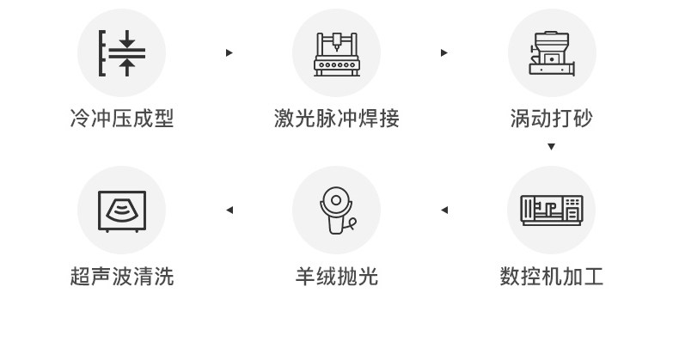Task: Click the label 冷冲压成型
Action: pyautogui.click(x=121, y=119)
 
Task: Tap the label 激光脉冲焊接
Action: pyautogui.click(x=336, y=119)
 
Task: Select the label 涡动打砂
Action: pyautogui.click(x=551, y=119)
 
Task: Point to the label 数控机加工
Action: pyautogui.click(x=551, y=277)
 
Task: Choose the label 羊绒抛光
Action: pyautogui.click(x=336, y=277)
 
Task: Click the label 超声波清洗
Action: pyautogui.click(x=121, y=277)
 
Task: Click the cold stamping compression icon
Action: pyautogui.click(x=121, y=52)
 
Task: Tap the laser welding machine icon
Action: pyautogui.click(x=336, y=52)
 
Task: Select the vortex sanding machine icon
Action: pyautogui.click(x=551, y=52)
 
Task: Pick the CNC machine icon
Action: pyautogui.click(x=551, y=210)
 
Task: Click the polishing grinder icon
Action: pyautogui.click(x=336, y=210)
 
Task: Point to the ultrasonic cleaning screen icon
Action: pyautogui.click(x=121, y=210)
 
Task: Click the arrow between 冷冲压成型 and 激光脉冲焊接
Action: pyautogui.click(x=229, y=53)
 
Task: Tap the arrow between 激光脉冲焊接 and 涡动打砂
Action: pyautogui.click(x=444, y=53)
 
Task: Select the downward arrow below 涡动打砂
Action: pyautogui.click(x=551, y=147)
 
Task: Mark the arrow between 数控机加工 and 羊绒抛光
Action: pyautogui.click(x=444, y=210)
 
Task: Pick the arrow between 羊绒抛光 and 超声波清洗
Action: pyautogui.click(x=229, y=210)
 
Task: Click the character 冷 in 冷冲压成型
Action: pyautogui.click(x=80, y=119)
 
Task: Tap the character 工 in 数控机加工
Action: pyautogui.click(x=593, y=277)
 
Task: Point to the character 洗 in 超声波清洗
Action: pyautogui.click(x=163, y=277)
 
